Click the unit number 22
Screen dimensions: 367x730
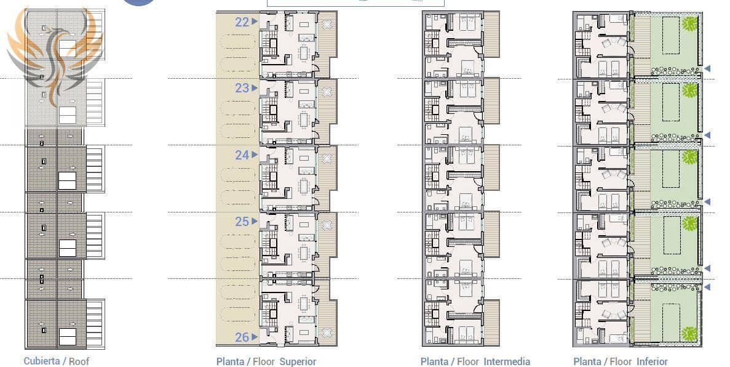(x=242, y=22)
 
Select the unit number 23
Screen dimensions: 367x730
(x=242, y=88)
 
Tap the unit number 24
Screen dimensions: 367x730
(x=242, y=155)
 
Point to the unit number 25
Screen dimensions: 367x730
(x=242, y=222)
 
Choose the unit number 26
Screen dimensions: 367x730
(x=242, y=337)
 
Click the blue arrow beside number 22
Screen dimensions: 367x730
(x=254, y=22)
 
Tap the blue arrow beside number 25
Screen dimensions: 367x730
(x=254, y=222)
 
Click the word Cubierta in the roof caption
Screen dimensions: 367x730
(x=42, y=361)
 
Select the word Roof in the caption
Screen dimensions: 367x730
(x=79, y=361)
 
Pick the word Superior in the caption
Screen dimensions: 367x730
(x=298, y=361)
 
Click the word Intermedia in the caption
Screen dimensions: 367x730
(x=507, y=361)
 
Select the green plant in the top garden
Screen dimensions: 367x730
(x=690, y=24)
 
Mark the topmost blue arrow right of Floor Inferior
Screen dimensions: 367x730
(x=707, y=68)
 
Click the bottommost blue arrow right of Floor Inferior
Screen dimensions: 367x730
(x=707, y=288)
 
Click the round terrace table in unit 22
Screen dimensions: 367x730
(x=326, y=25)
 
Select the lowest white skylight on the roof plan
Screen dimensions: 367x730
(x=67, y=336)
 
